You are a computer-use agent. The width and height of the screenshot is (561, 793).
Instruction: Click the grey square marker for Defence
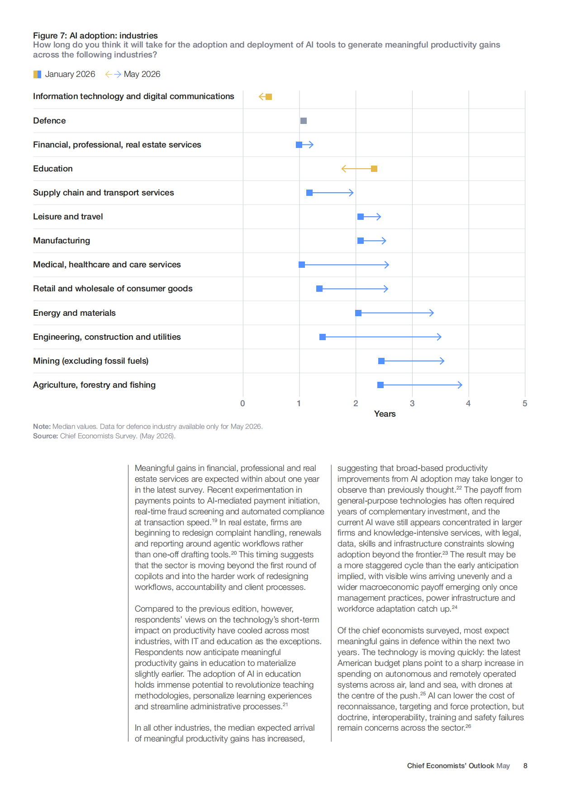304,121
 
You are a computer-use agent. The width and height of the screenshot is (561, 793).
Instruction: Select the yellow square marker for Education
374,169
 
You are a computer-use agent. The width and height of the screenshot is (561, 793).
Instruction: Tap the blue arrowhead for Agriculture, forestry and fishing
460,385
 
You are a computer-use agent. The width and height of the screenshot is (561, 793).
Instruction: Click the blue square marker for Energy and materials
358,313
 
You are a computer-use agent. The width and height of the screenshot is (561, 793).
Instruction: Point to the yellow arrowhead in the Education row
344,169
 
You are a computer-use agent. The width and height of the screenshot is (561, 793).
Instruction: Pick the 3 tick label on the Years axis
412,404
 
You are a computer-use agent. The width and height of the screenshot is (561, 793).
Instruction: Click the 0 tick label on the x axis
242,404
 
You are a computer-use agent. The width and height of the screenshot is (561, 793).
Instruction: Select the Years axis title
385,414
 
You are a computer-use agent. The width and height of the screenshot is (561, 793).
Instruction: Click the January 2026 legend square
37,74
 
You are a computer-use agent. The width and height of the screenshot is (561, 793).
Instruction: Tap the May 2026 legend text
142,74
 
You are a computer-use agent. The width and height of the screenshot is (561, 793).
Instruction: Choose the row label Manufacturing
62,241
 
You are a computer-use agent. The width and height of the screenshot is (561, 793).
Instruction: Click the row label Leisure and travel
68,217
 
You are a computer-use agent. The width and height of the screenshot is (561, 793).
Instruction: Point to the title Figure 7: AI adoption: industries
95,35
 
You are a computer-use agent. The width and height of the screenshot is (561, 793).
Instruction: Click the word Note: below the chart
42,427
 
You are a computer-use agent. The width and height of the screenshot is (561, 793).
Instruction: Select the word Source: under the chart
45,436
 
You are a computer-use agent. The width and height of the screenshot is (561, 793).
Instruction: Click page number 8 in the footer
525,766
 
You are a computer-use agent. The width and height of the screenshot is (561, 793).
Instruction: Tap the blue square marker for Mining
381,361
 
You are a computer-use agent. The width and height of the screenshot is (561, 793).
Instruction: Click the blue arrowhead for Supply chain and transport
351,193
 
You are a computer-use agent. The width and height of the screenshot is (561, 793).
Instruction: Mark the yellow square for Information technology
269,97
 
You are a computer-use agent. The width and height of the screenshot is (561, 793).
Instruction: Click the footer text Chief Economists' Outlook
450,766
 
